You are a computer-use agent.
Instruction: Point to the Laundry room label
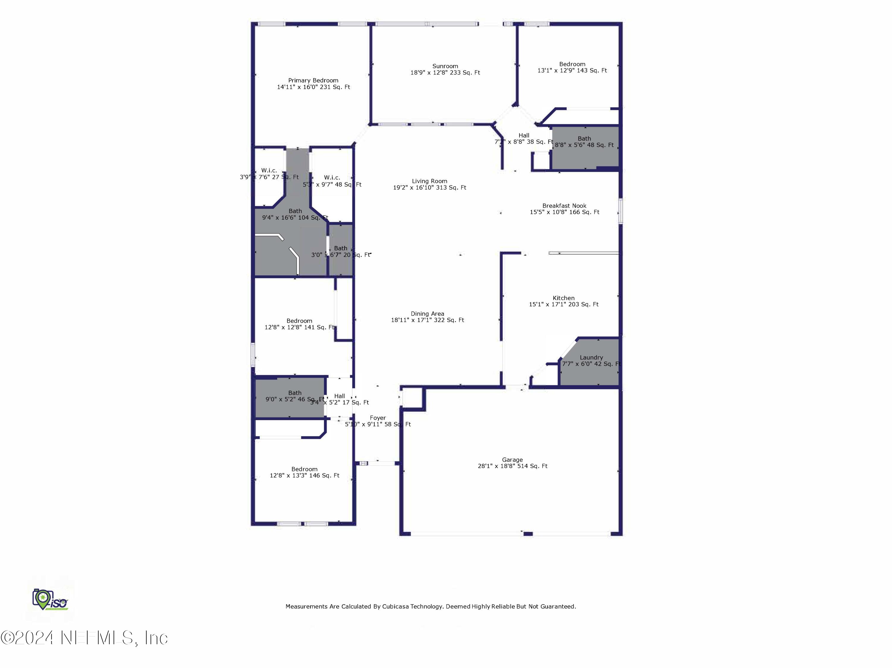(591, 358)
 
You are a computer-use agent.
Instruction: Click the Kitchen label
(563, 298)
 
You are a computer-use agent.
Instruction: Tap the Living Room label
(429, 181)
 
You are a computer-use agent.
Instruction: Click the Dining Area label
(428, 314)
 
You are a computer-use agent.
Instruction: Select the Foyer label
(378, 418)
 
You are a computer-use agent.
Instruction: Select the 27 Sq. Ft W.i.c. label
(269, 171)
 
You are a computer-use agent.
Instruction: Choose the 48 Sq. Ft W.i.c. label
(332, 178)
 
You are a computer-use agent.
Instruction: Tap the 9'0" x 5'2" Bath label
(295, 393)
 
